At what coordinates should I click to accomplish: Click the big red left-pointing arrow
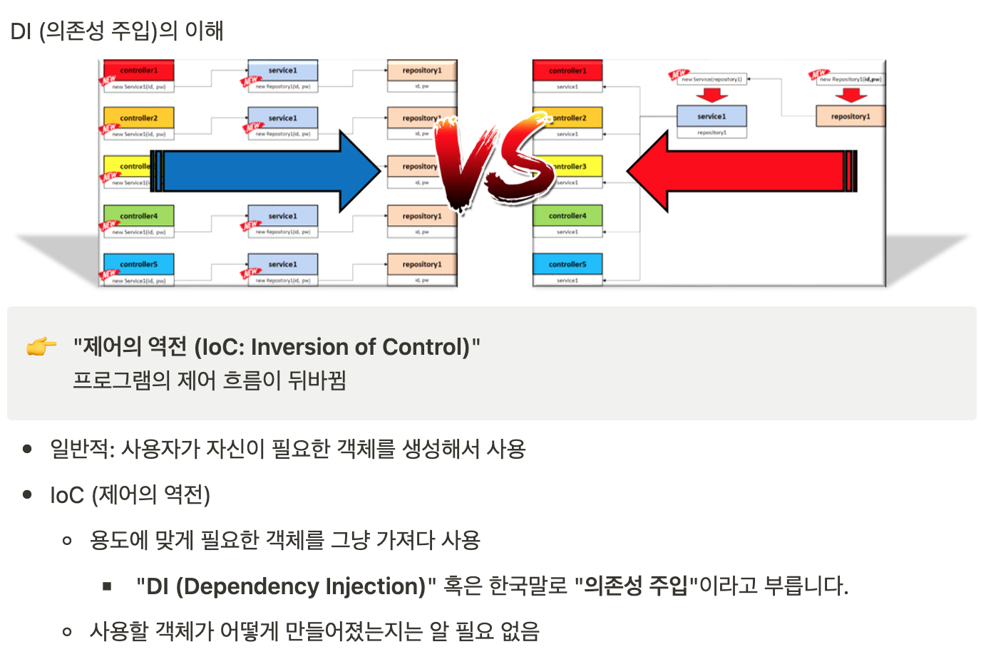click(x=741, y=172)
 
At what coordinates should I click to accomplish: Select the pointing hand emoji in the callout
click(x=41, y=347)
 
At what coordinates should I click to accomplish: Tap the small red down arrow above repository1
click(x=851, y=95)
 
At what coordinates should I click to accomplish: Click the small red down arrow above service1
click(x=712, y=95)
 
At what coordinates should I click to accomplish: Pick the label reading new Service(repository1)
click(x=711, y=80)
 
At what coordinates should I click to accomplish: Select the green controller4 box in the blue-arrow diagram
click(x=138, y=216)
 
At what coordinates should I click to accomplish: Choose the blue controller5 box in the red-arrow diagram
click(x=567, y=264)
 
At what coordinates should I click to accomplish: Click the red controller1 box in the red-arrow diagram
click(x=567, y=71)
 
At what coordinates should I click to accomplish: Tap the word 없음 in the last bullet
click(x=520, y=631)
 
